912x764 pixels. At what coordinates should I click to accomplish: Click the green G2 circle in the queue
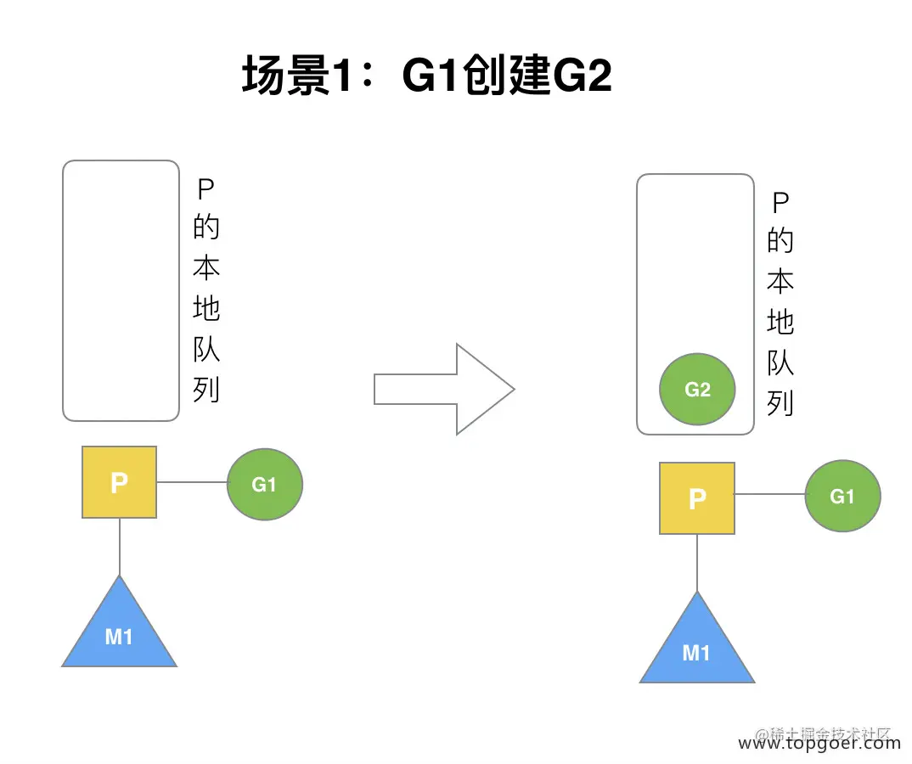[697, 390]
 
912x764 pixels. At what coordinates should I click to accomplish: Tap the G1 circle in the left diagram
[265, 484]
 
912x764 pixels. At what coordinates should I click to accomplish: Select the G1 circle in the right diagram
[842, 496]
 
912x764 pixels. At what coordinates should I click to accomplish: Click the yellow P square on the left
[119, 482]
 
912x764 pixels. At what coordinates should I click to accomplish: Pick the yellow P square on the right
[696, 497]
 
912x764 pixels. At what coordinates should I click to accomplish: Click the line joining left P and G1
[192, 483]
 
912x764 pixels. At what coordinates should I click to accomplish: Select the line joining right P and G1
[769, 495]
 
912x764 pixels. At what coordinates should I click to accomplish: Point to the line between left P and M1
[119, 547]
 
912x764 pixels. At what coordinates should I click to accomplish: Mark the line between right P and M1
[696, 563]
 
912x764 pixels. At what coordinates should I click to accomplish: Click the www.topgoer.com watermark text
[819, 744]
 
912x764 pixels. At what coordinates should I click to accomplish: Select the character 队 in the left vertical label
[205, 348]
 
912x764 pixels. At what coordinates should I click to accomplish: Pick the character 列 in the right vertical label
[780, 403]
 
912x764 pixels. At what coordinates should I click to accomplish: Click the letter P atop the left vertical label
[205, 188]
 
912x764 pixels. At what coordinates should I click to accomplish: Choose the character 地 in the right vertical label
[780, 322]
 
